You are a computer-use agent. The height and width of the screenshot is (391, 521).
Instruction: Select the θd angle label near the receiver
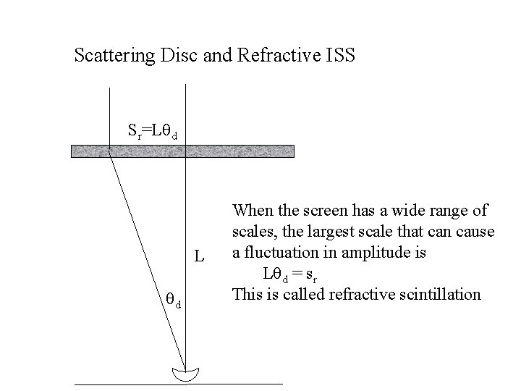[172, 301]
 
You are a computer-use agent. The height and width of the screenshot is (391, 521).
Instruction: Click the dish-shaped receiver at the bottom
[187, 374]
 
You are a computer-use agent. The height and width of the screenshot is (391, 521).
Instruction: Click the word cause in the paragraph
[477, 232]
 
